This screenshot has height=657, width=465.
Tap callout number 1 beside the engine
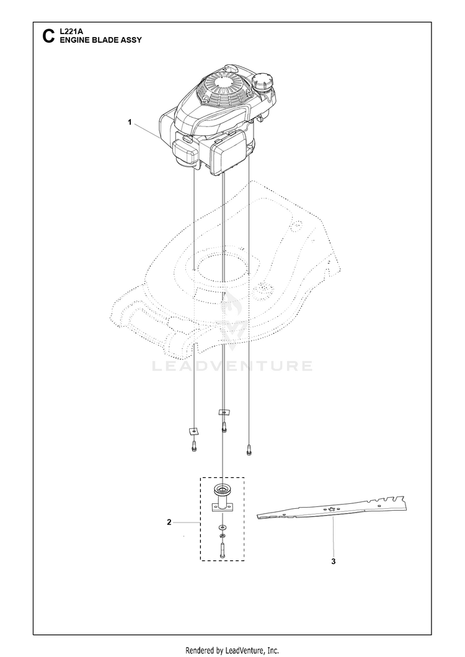click(x=130, y=123)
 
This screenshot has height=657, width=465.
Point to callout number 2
click(x=169, y=523)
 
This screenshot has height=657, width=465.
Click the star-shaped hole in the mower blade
click(x=332, y=509)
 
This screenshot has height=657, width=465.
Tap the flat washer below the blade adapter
click(x=223, y=527)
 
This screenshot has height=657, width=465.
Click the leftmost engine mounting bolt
click(x=194, y=446)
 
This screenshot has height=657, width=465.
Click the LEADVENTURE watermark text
click(x=232, y=366)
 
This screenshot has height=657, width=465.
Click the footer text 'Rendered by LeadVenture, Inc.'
click(x=232, y=650)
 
